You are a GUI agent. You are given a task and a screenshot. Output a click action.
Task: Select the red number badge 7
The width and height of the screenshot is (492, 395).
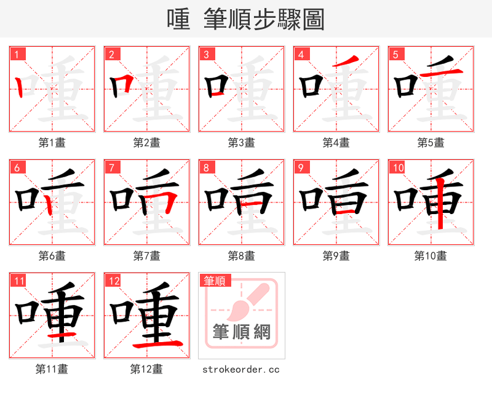pyautogui.click(x=112, y=168)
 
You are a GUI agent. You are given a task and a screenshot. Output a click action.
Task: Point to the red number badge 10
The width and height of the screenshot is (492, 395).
pyautogui.click(x=398, y=168)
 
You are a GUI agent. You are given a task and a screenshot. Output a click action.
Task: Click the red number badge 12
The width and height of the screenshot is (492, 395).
pyautogui.click(x=113, y=281)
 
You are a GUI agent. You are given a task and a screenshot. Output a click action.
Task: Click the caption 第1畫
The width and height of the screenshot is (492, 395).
pyautogui.click(x=52, y=142)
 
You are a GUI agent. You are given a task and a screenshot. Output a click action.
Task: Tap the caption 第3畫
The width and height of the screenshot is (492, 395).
pyautogui.click(x=241, y=142)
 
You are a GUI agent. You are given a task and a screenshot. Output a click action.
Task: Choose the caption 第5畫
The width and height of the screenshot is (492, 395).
pyautogui.click(x=430, y=142)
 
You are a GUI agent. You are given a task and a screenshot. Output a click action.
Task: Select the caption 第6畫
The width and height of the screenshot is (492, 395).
pyautogui.click(x=52, y=255)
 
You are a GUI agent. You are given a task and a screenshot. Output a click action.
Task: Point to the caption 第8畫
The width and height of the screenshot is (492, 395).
pyautogui.click(x=241, y=255)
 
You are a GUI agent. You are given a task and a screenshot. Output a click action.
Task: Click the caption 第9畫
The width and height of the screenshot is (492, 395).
pyautogui.click(x=336, y=255)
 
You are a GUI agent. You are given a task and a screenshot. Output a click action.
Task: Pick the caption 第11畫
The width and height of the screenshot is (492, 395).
pyautogui.click(x=52, y=369)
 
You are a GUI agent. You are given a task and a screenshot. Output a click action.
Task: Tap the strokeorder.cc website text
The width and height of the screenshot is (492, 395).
pyautogui.click(x=241, y=369)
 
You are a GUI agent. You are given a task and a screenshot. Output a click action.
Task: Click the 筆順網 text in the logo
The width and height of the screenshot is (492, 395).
pyautogui.click(x=241, y=332)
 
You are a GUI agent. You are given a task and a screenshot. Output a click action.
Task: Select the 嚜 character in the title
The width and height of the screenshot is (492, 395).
pyautogui.click(x=178, y=20)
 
